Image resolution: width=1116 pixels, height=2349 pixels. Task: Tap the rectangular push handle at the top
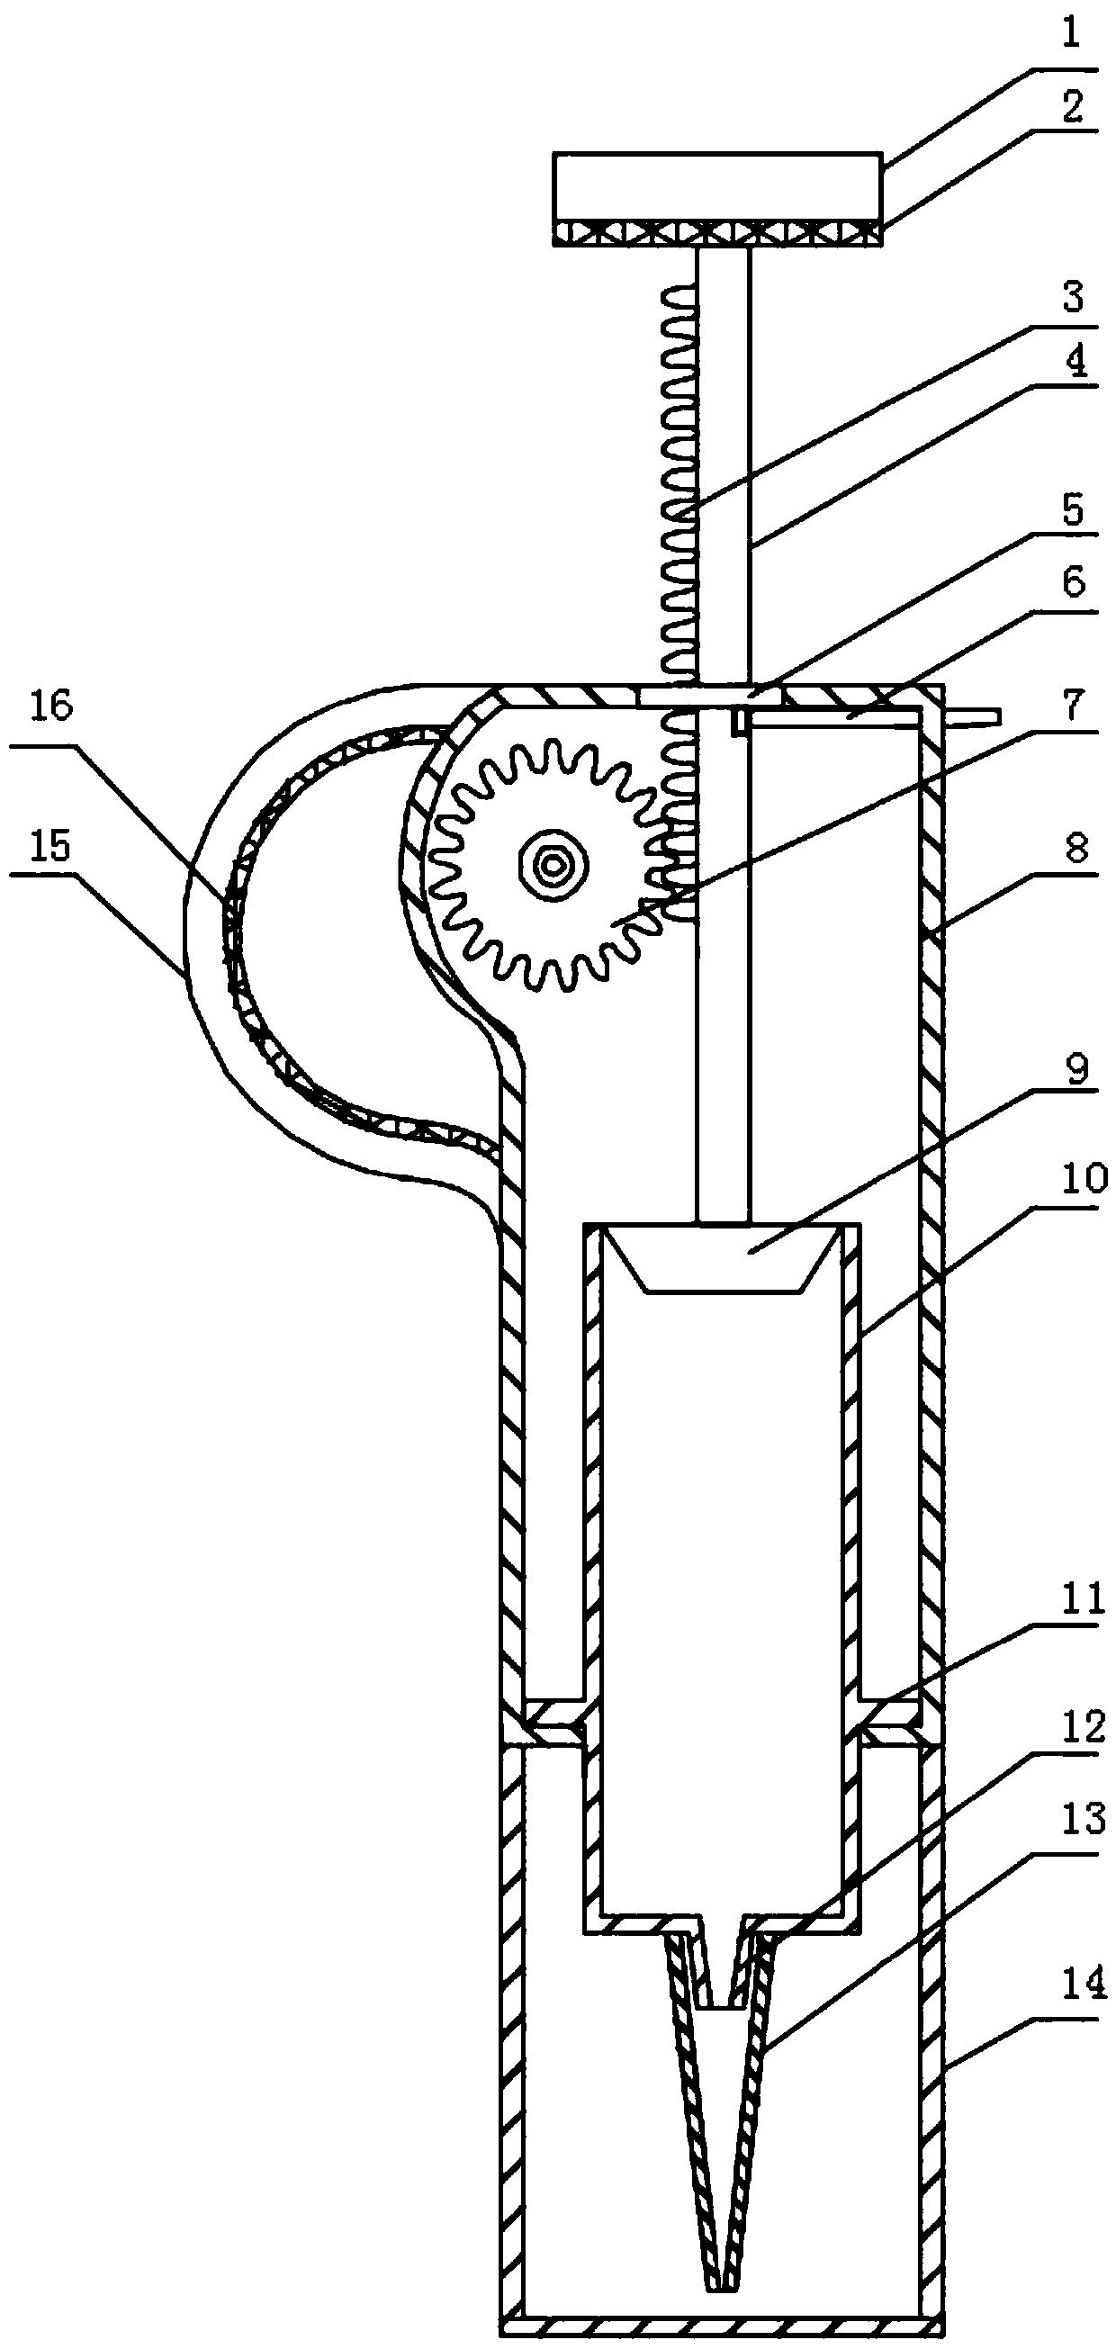tap(716, 188)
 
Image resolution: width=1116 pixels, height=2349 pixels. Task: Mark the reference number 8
tap(1076, 850)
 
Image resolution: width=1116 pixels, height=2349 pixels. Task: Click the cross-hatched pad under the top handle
tap(716, 233)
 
